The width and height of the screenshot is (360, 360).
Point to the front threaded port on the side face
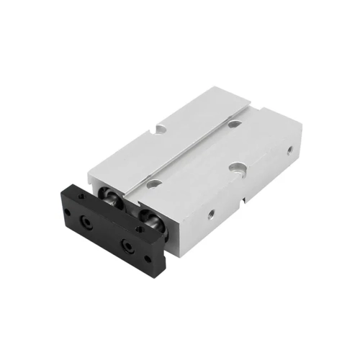[x=211, y=214]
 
